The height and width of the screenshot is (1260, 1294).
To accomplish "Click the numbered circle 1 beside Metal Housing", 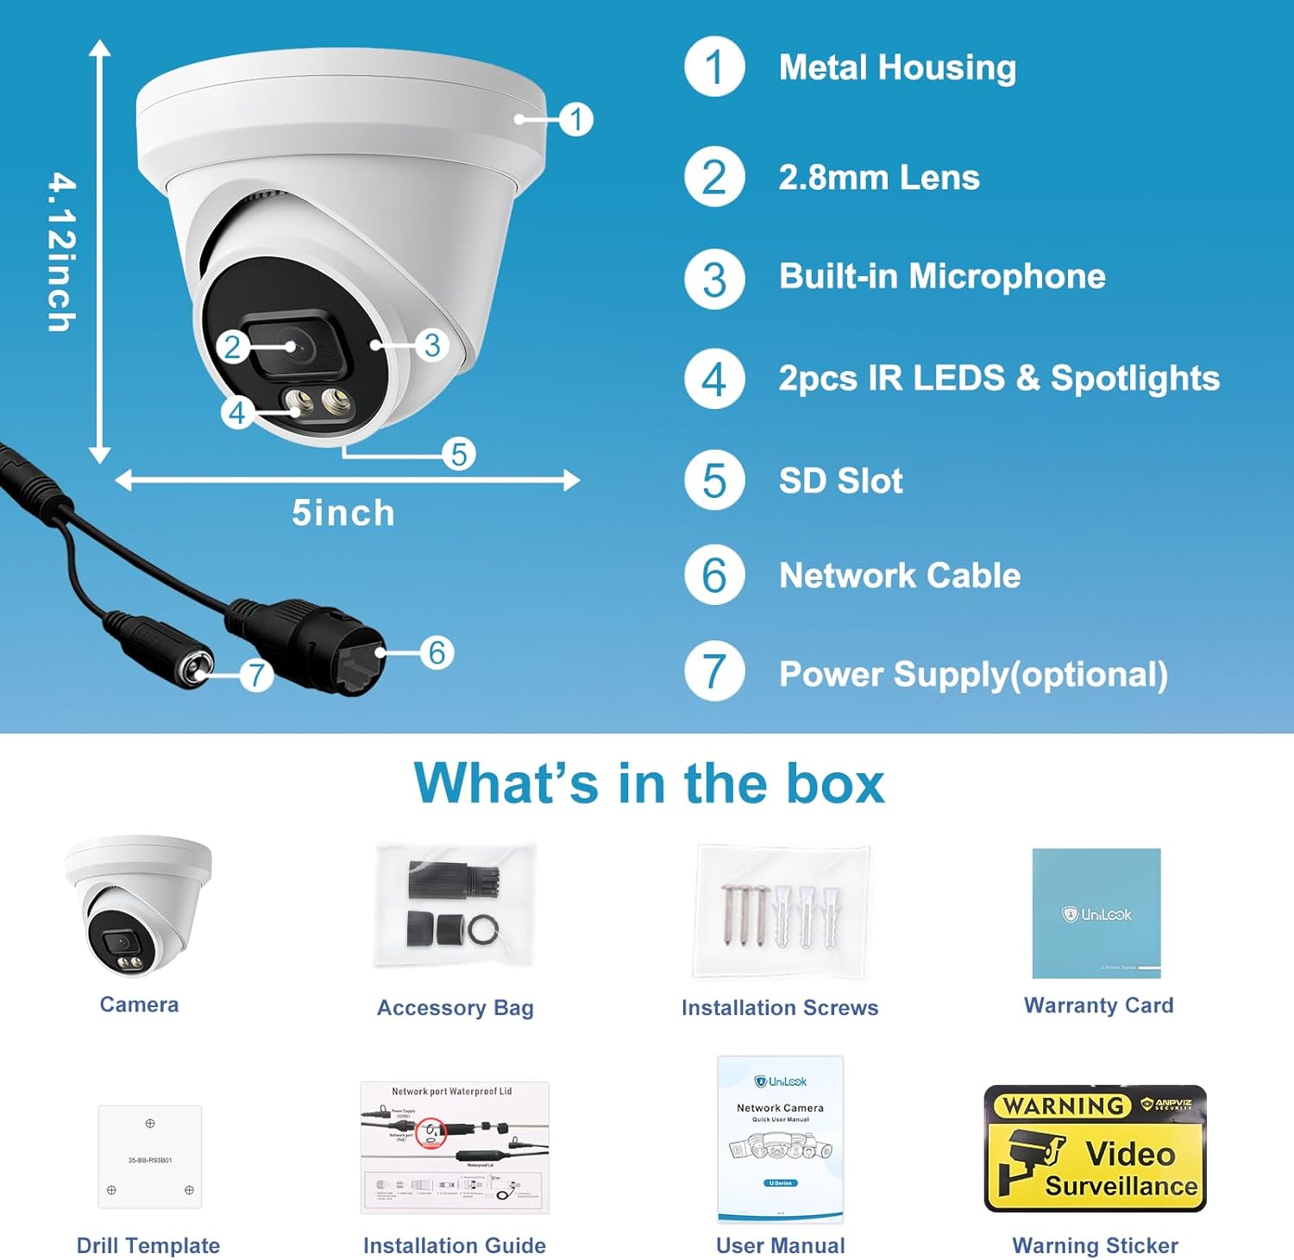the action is click(x=713, y=66).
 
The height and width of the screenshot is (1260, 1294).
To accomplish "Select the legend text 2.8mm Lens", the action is click(x=878, y=178).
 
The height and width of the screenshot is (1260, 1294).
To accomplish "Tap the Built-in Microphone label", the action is click(x=941, y=276).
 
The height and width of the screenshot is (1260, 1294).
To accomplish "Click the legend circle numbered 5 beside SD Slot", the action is click(x=713, y=480).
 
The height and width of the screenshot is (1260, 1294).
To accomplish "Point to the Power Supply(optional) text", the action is click(x=972, y=674).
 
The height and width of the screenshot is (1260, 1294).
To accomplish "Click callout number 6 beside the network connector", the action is click(x=437, y=652).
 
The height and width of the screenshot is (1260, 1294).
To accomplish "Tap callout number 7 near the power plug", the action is click(x=256, y=674).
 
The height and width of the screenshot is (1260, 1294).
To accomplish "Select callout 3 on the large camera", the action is click(x=432, y=345).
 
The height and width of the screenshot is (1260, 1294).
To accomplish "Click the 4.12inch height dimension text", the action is click(x=61, y=251).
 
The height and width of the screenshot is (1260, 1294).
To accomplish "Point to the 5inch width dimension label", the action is click(x=342, y=513).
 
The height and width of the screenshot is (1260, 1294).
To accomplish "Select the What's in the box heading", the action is click(x=649, y=784).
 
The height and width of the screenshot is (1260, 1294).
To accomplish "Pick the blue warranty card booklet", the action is click(x=1096, y=913).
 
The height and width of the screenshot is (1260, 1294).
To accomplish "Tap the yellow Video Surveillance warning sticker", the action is click(x=1095, y=1148).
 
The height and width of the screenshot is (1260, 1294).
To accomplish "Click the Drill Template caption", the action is click(x=148, y=1245).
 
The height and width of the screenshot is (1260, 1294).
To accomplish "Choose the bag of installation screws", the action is click(x=780, y=913).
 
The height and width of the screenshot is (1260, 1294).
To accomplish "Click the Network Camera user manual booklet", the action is click(x=780, y=1139).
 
